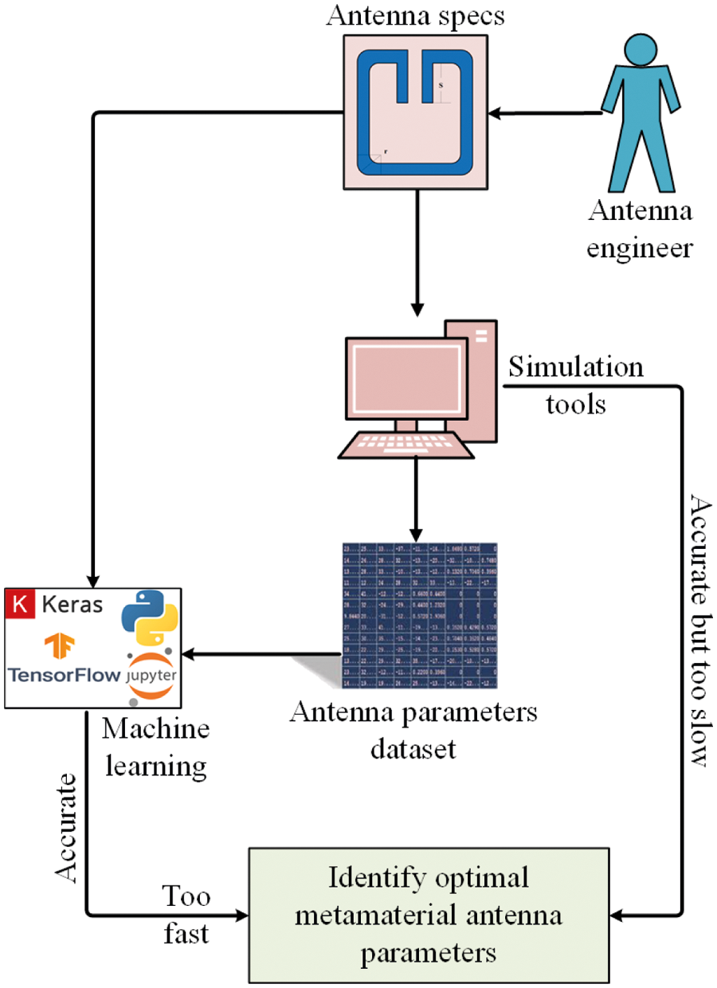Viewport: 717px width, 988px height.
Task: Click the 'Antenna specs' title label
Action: pos(414,17)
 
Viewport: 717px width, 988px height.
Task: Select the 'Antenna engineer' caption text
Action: pos(640,230)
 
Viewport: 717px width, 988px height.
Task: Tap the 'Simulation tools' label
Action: pos(575,386)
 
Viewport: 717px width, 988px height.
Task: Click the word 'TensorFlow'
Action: pos(61,676)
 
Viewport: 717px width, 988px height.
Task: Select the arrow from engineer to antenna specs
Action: pos(546,115)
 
